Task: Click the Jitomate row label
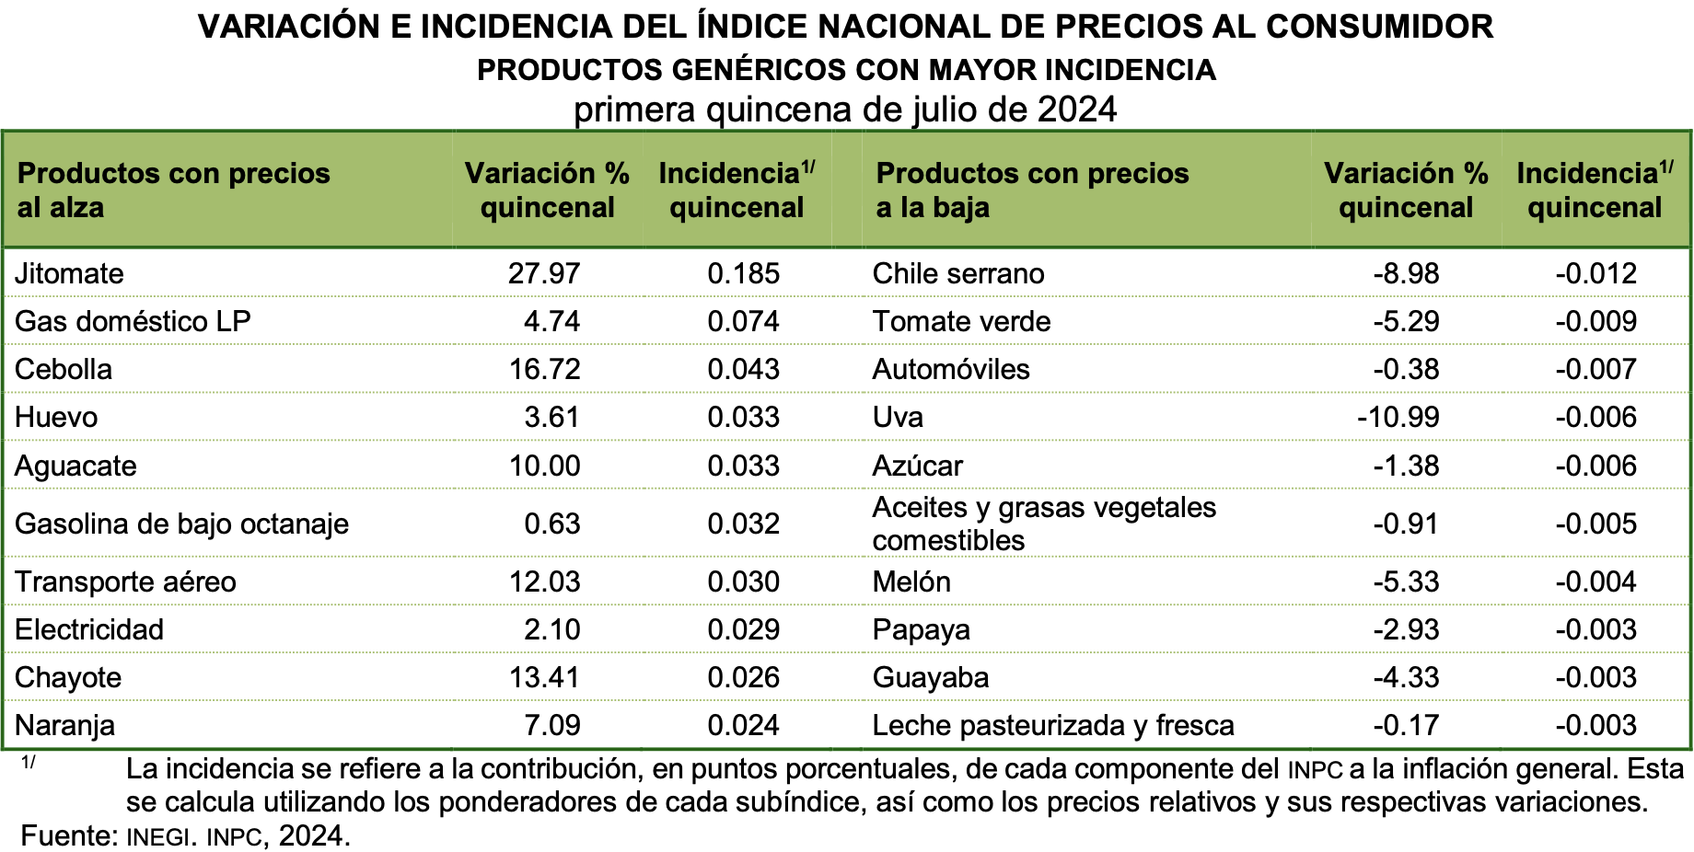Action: (69, 273)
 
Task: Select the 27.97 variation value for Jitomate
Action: (544, 273)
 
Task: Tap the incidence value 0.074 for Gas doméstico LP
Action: (743, 321)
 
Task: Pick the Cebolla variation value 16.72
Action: (544, 369)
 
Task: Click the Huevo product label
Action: (56, 417)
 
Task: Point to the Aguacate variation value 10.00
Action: (544, 466)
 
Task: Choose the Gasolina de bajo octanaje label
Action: (181, 524)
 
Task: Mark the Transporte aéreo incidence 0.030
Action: (743, 581)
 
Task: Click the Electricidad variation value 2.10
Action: (551, 629)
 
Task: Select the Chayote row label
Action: (68, 677)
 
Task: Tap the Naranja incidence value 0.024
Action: (743, 725)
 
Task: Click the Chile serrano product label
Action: (957, 273)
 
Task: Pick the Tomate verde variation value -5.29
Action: (1406, 321)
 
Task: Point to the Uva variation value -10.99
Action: (1398, 417)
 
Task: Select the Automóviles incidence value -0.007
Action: (1595, 369)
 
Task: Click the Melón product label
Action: (911, 581)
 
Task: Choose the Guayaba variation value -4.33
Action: (1406, 677)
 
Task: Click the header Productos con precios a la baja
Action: (1032, 190)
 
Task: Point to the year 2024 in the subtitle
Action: (1077, 109)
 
